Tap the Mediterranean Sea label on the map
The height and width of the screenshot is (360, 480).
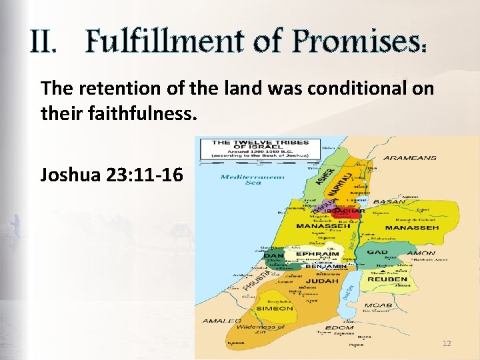click(x=252, y=179)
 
